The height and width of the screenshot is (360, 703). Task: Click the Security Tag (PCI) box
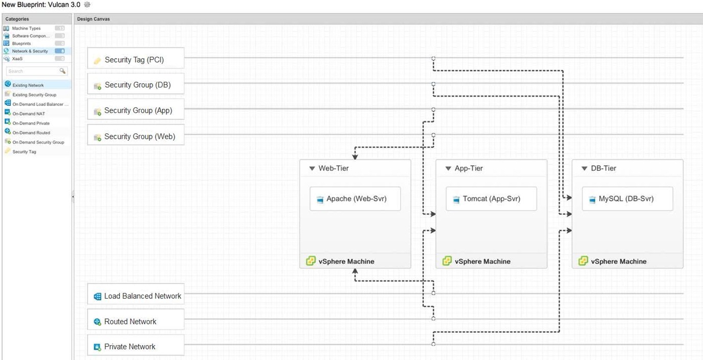pos(136,60)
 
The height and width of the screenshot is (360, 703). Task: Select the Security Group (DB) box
pos(136,85)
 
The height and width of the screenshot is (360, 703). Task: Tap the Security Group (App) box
pos(136,110)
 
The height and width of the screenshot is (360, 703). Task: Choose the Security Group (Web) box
pos(136,137)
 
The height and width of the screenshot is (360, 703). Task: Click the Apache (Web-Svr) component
pos(355,199)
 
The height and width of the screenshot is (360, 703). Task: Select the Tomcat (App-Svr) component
pos(491,199)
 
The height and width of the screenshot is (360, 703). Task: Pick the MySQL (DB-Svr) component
pos(627,199)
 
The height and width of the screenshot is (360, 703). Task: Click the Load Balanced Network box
pos(136,296)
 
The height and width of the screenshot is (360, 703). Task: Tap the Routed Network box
pos(136,322)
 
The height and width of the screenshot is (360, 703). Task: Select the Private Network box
pos(136,347)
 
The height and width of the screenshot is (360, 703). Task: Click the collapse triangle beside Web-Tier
pos(312,168)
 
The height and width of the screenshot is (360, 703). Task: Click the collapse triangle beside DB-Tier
pos(584,168)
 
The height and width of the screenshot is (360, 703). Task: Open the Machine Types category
pos(27,29)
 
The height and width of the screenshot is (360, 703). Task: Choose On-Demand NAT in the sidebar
pos(29,114)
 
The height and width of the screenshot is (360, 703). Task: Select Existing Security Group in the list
pos(34,95)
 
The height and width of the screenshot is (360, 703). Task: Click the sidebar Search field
pos(33,71)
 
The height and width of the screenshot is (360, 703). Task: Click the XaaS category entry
pos(17,59)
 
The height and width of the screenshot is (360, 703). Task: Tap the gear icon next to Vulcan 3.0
pos(87,4)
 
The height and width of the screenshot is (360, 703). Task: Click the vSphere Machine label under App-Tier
pos(482,261)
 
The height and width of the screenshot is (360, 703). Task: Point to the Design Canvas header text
pos(94,19)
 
